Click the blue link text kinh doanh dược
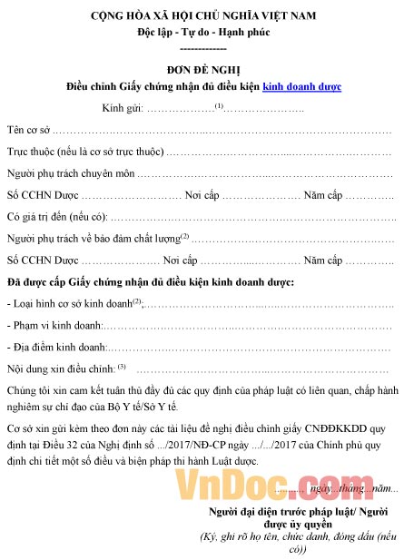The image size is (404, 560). tap(301, 87)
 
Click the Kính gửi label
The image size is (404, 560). tap(123, 108)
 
